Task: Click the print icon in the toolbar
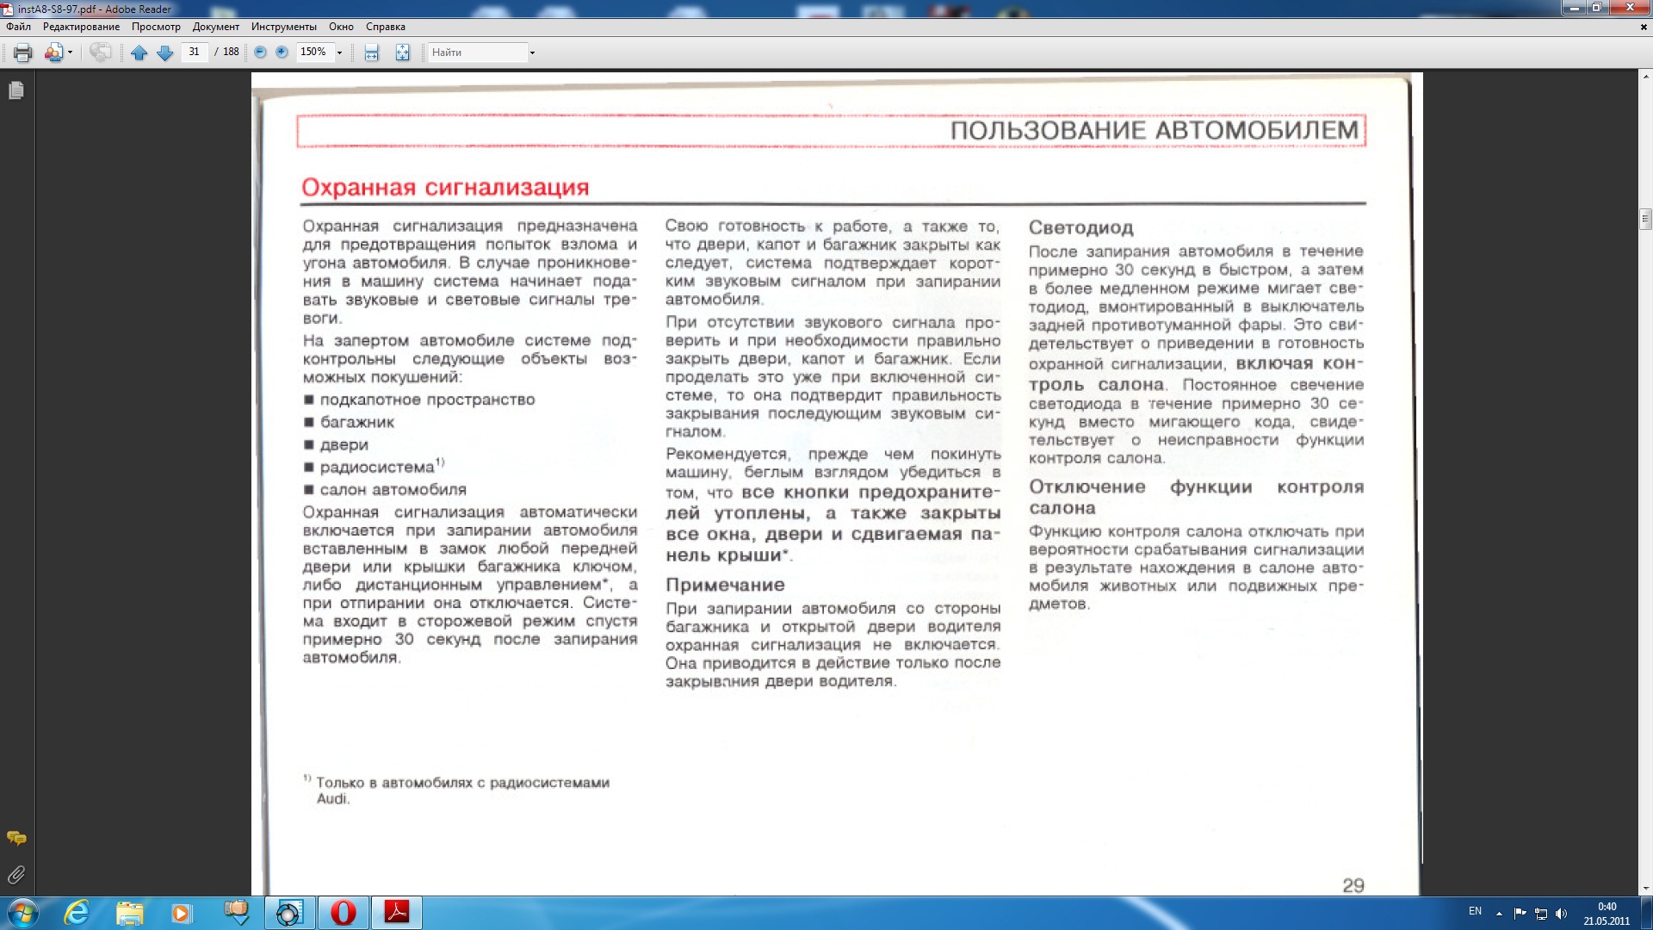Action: tap(23, 53)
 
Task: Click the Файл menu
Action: tap(18, 27)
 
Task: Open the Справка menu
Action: tap(385, 27)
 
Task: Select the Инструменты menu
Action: tap(283, 27)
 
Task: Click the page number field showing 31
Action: tap(195, 52)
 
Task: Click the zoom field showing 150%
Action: tap(313, 52)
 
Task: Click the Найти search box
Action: tap(478, 53)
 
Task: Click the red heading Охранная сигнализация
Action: tap(445, 187)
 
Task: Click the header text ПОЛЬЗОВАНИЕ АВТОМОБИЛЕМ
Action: tap(1154, 131)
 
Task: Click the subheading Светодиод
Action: tap(1080, 228)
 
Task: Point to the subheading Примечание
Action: tap(725, 586)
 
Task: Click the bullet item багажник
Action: tap(356, 423)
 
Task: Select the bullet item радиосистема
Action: tap(377, 468)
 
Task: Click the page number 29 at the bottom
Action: tap(1353, 885)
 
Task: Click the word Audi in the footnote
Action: tap(331, 799)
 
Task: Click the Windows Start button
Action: tap(22, 912)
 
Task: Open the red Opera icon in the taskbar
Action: tap(344, 912)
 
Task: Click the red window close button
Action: tap(1629, 8)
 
